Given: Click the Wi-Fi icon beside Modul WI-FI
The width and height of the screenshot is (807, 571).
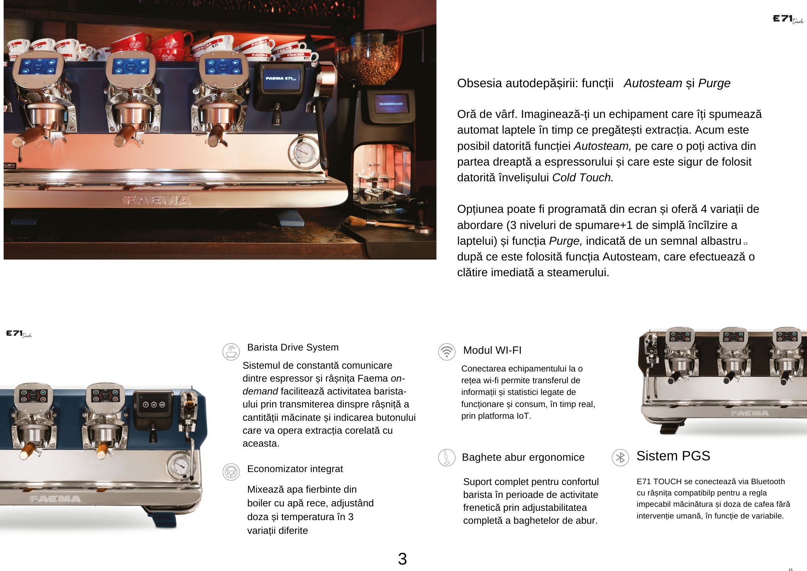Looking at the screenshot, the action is tap(447, 351).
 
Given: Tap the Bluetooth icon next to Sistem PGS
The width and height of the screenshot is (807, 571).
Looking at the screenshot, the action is tap(620, 458).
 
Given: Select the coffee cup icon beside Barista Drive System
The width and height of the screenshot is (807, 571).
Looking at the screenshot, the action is tap(231, 352).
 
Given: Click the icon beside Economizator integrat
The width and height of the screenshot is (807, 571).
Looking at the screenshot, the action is tap(231, 472).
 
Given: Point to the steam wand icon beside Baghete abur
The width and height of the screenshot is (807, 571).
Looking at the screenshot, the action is tap(447, 458).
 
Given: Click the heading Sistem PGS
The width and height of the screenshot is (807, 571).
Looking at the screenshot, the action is tap(673, 456).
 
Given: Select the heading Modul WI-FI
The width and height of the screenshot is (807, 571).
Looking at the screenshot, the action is tap(492, 350).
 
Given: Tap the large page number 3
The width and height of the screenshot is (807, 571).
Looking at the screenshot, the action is tap(402, 559).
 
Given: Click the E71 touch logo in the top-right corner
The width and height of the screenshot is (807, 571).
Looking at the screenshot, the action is tap(788, 19).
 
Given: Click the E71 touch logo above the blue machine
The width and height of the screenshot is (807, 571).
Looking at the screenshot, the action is tap(19, 334).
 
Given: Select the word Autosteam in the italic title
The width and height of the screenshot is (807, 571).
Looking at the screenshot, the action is tap(653, 83).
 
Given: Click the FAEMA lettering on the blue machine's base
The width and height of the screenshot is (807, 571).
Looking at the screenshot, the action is tap(55, 499).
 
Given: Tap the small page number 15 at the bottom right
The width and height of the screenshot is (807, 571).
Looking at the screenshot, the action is tap(790, 570).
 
